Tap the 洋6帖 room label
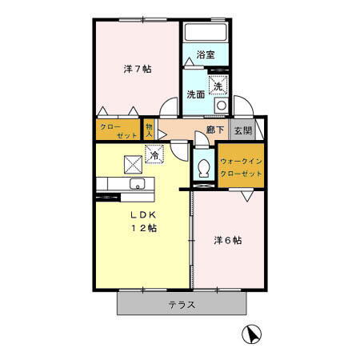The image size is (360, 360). pos(228,240)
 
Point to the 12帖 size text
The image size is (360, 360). pos(143,228)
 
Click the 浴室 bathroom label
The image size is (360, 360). pos(206,55)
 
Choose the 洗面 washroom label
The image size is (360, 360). pos(196,94)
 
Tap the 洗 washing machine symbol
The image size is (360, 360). pos(217,85)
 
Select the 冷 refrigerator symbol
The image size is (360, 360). pos(153,154)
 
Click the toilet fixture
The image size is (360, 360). pos(204,169)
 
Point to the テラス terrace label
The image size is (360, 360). pos(182,305)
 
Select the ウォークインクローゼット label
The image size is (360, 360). pos(241,166)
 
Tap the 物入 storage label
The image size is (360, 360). pos(150,130)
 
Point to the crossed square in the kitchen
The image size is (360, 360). pos(132,163)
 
